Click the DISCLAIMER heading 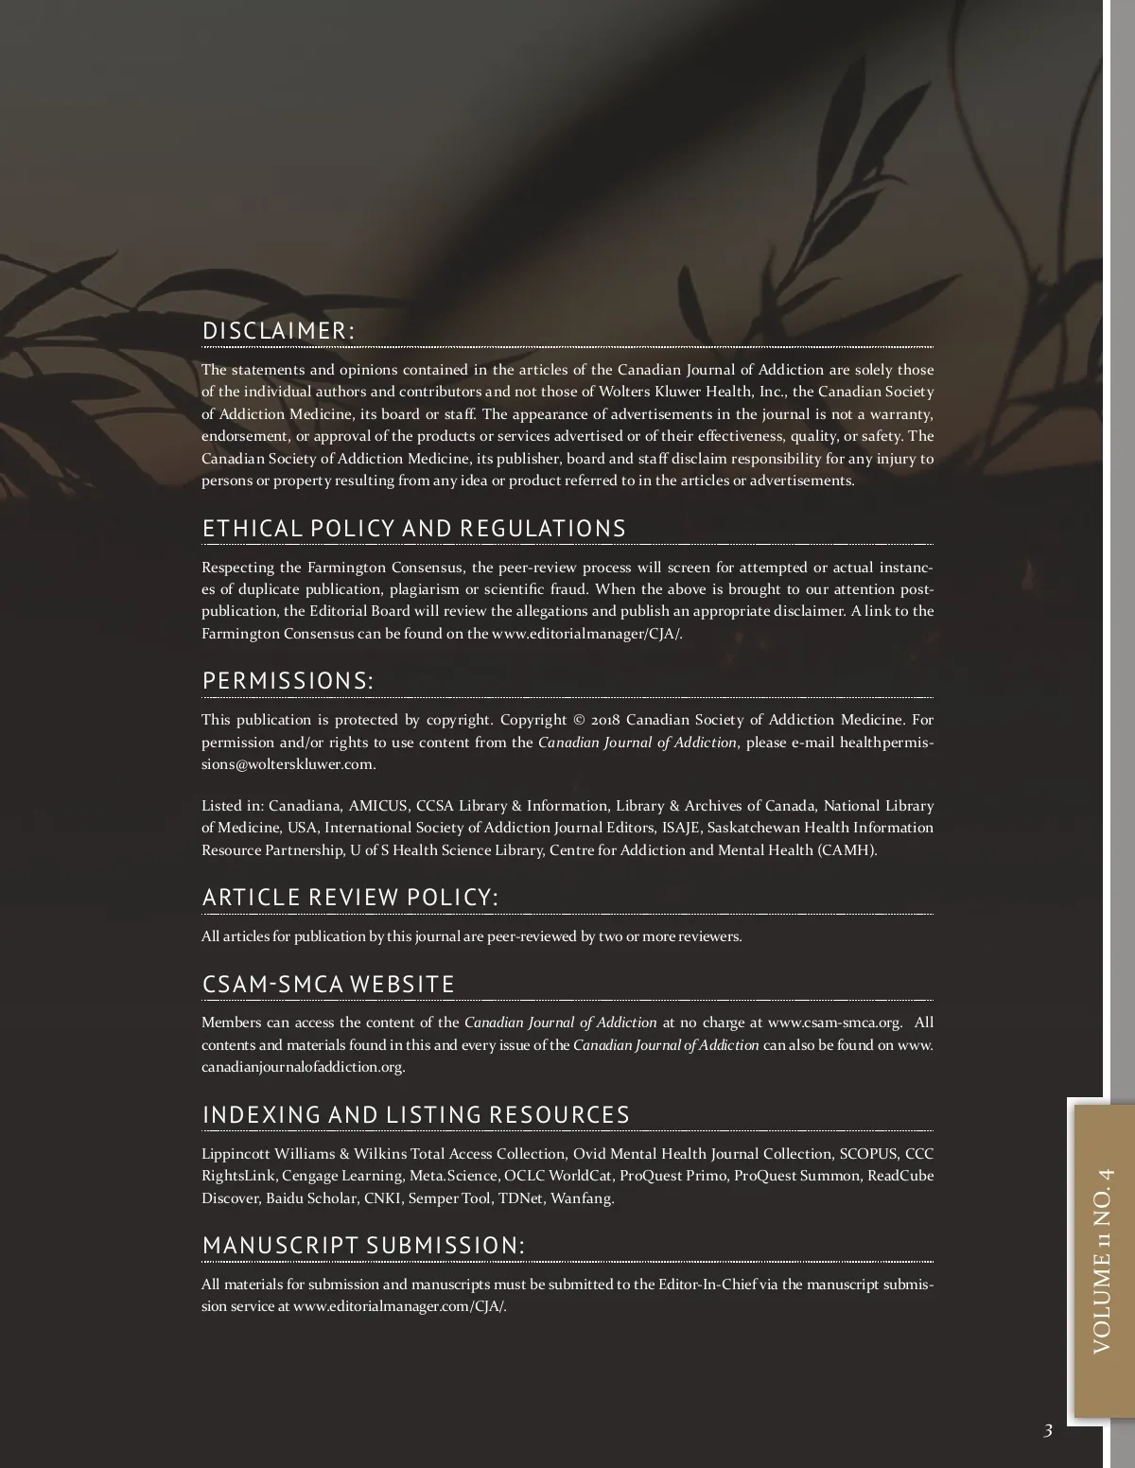pyautogui.click(x=278, y=331)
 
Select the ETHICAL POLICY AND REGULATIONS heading pyautogui.click(x=413, y=529)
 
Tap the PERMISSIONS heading pyautogui.click(x=288, y=681)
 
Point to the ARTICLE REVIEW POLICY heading pyautogui.click(x=350, y=898)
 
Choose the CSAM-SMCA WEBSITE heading pyautogui.click(x=328, y=985)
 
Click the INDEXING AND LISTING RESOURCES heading pyautogui.click(x=415, y=1115)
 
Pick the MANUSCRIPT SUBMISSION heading pyautogui.click(x=363, y=1246)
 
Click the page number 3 pyautogui.click(x=1047, y=1431)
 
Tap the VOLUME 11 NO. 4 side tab pyautogui.click(x=1103, y=1261)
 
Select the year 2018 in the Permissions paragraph pyautogui.click(x=605, y=720)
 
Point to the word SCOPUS pyautogui.click(x=868, y=1154)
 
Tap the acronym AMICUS pyautogui.click(x=377, y=806)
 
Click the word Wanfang pyautogui.click(x=582, y=1198)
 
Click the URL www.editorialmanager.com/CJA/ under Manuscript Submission pyautogui.click(x=399, y=1307)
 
